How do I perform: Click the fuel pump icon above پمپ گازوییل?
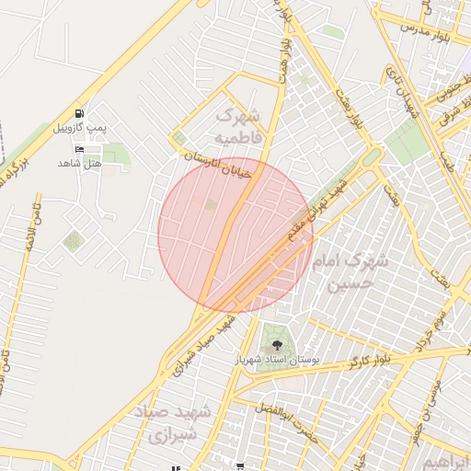point(79,112)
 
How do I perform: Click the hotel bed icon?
point(79,149)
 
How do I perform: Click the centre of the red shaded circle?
point(235,234)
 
